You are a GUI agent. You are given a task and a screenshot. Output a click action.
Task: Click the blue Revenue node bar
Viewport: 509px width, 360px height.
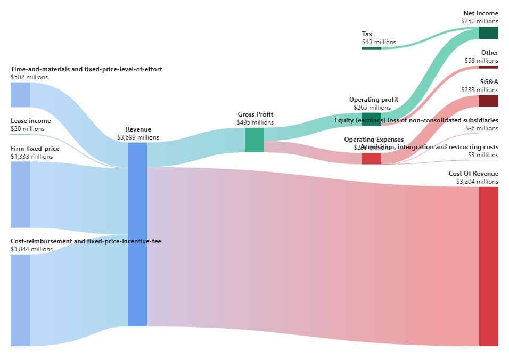tap(137, 234)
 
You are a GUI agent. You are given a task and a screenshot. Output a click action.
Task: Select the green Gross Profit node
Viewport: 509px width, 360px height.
tap(254, 140)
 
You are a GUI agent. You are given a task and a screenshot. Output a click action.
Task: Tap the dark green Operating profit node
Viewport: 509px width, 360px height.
tap(371, 119)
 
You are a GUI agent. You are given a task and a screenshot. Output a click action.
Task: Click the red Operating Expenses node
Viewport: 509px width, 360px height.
tap(371, 158)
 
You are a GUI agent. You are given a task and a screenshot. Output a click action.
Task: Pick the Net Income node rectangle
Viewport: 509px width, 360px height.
tap(488, 32)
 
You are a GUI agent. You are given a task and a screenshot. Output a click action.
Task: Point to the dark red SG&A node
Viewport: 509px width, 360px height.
tap(488, 101)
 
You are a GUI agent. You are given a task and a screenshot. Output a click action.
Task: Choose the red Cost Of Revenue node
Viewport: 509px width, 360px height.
tap(488, 266)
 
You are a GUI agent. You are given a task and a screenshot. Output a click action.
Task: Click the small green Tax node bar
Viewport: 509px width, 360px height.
tap(371, 48)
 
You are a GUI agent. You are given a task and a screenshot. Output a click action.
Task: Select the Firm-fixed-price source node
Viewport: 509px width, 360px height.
tap(20, 194)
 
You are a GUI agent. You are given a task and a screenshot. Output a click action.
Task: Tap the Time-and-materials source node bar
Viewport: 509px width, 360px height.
tap(20, 95)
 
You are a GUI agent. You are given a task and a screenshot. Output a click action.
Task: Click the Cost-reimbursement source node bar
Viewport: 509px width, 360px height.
tap(20, 300)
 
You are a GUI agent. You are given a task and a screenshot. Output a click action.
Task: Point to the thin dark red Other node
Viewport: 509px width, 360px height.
tap(488, 67)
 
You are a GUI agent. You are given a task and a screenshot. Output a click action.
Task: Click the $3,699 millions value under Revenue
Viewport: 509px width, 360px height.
tap(138, 137)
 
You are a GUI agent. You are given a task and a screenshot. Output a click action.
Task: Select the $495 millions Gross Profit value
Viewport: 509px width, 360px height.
tap(255, 122)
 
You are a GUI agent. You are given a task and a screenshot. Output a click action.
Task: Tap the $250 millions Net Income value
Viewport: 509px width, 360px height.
tap(480, 21)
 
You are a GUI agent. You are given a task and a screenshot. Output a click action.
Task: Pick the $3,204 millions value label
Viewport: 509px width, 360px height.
tap(477, 182)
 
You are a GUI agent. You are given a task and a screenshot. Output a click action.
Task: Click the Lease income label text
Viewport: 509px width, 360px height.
tap(31, 121)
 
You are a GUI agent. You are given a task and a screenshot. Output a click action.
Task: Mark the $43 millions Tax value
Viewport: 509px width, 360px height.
tap(379, 42)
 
